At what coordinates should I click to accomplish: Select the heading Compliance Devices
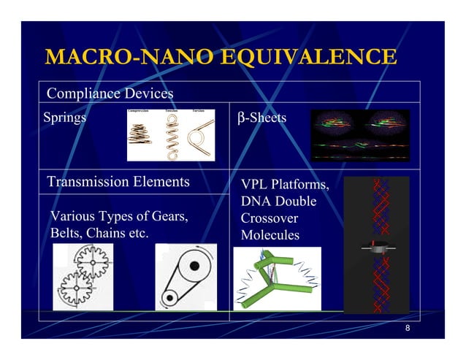110,93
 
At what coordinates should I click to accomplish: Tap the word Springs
64,117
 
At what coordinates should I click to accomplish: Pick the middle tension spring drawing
173,136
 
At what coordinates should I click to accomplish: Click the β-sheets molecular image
360,135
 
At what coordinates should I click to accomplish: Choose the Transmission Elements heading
118,181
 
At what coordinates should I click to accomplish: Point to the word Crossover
269,218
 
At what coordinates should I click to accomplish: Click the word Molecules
270,235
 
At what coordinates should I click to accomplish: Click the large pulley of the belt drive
193,267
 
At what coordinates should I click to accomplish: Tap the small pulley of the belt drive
170,296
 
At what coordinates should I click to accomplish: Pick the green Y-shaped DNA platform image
276,277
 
